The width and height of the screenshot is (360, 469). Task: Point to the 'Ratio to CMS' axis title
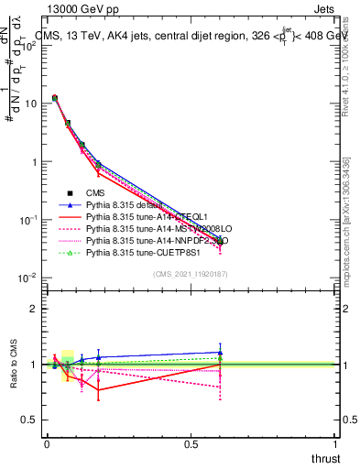click(x=13, y=365)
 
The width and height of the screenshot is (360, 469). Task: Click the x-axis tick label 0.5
click(x=191, y=444)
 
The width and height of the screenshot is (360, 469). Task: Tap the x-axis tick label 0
click(x=47, y=444)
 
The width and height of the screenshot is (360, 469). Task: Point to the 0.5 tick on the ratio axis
click(x=29, y=420)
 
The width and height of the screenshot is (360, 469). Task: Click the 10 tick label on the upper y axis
click(x=29, y=104)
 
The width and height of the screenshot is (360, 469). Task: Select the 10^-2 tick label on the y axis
click(x=27, y=278)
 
